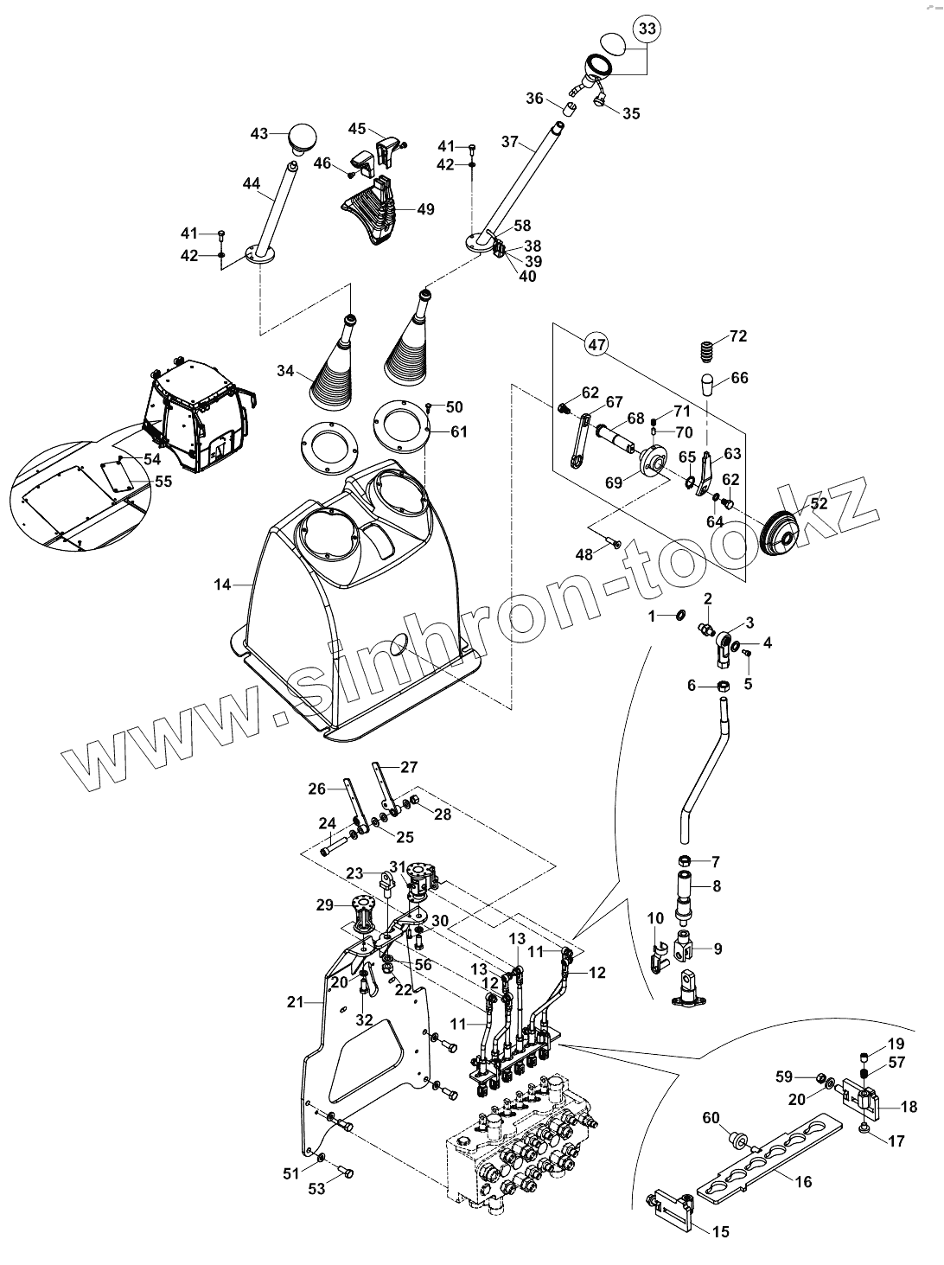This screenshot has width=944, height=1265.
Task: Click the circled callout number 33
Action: pyautogui.click(x=647, y=29)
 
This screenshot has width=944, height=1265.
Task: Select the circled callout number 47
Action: pyautogui.click(x=596, y=344)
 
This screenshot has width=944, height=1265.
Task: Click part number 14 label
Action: pyautogui.click(x=223, y=585)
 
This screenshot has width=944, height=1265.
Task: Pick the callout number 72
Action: pyautogui.click(x=738, y=335)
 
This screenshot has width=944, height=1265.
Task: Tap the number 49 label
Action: pyautogui.click(x=424, y=209)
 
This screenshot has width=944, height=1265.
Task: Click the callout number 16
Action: pyautogui.click(x=803, y=1181)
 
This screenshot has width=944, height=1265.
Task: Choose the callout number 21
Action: pyautogui.click(x=295, y=1001)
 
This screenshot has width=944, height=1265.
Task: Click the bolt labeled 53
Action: pyautogui.click(x=348, y=1173)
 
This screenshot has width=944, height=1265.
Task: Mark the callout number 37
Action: pyautogui.click(x=508, y=142)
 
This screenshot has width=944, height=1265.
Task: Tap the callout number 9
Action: pyautogui.click(x=718, y=949)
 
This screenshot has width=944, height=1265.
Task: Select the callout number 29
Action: pyautogui.click(x=325, y=904)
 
